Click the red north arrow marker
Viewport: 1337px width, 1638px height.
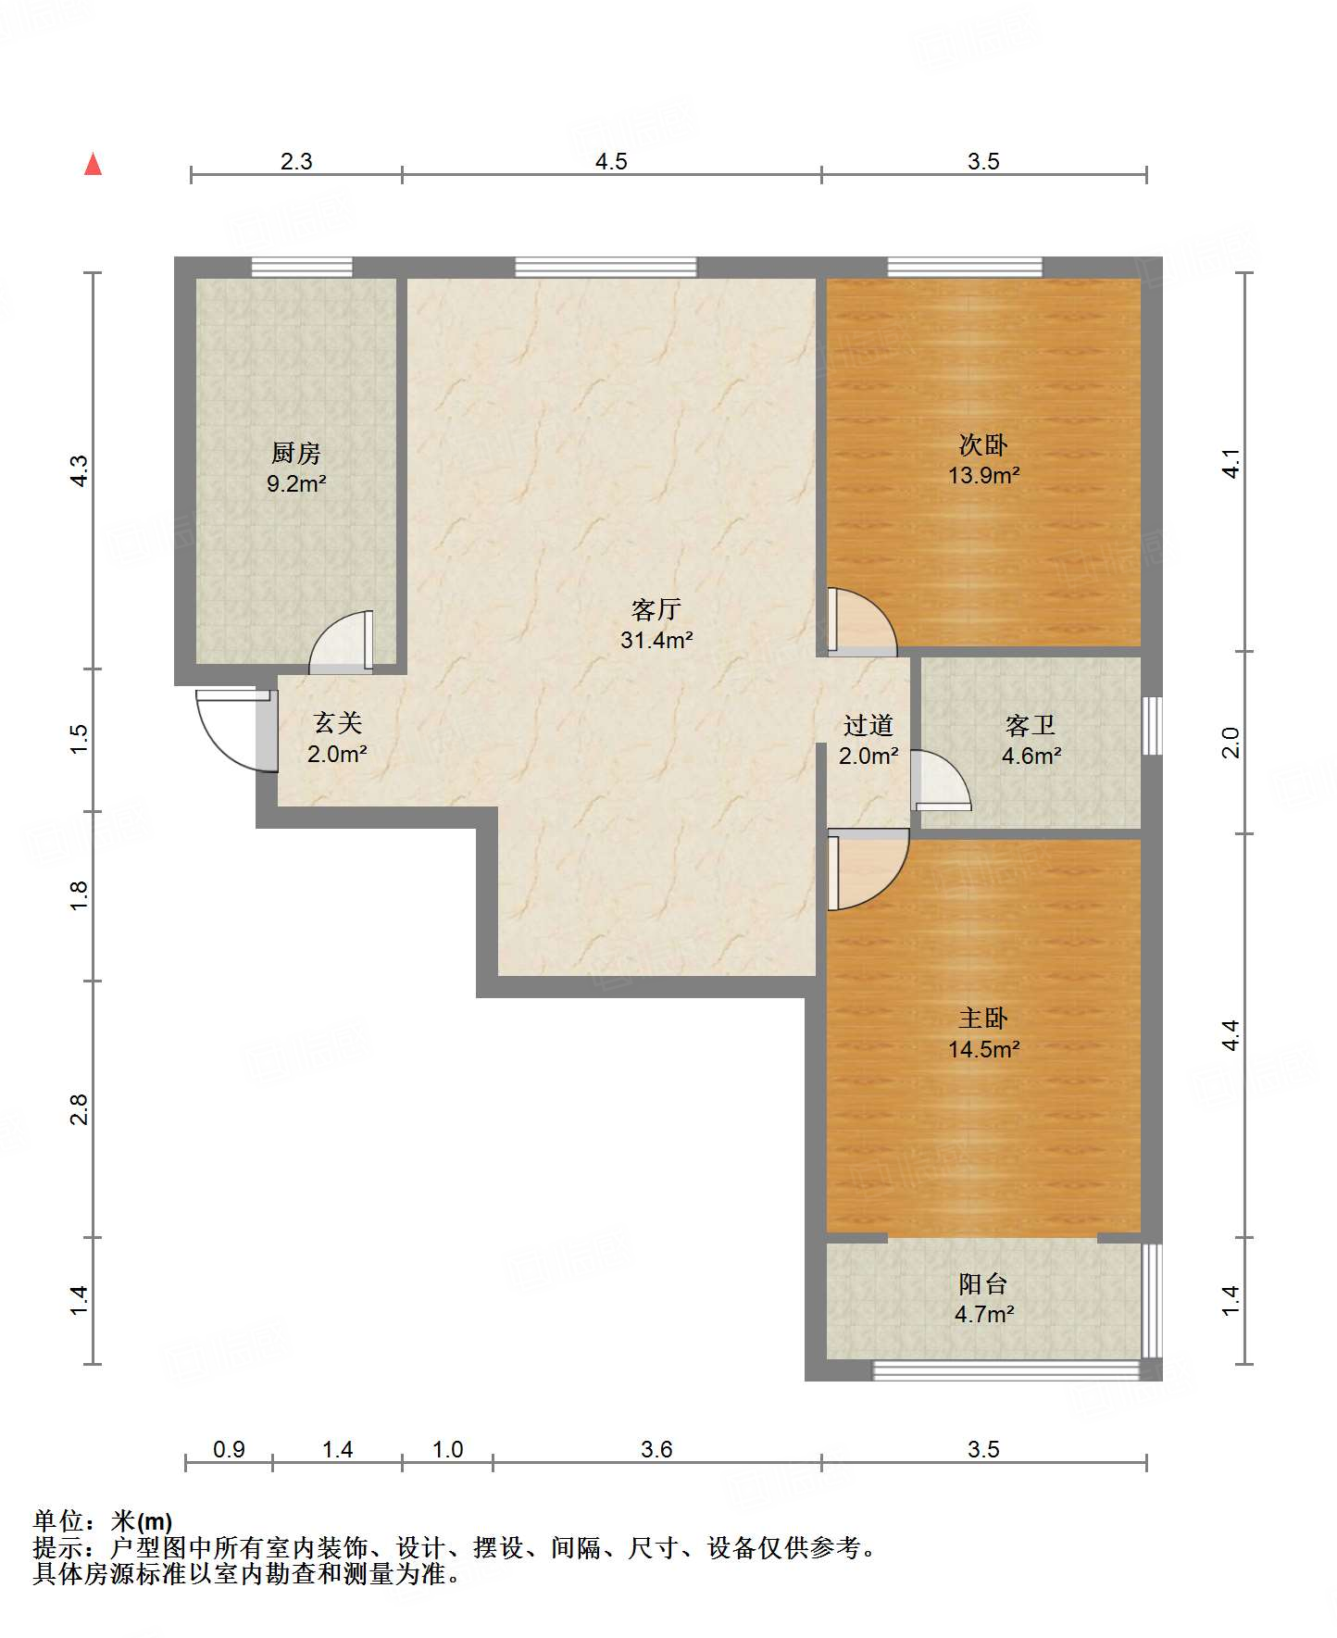coord(93,164)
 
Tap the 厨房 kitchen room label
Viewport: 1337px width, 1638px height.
coord(296,453)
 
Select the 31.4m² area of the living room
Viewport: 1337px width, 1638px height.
coord(656,640)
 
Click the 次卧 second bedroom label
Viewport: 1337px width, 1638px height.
coord(983,445)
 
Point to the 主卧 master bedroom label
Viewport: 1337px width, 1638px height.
coord(983,1019)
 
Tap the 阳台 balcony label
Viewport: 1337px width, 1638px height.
coord(983,1284)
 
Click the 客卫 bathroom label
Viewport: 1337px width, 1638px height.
coord(1031,725)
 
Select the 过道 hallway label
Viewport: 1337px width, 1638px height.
coord(868,725)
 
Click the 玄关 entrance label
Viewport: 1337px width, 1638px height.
coord(337,723)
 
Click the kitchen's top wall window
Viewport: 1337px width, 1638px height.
coord(302,268)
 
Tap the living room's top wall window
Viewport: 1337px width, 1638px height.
coord(606,268)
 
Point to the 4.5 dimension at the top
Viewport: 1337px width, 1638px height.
coord(611,162)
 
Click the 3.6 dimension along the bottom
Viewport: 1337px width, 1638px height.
coord(656,1449)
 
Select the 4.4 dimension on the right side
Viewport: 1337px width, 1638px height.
coord(1231,1034)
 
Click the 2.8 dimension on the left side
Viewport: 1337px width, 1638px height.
coord(79,1109)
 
